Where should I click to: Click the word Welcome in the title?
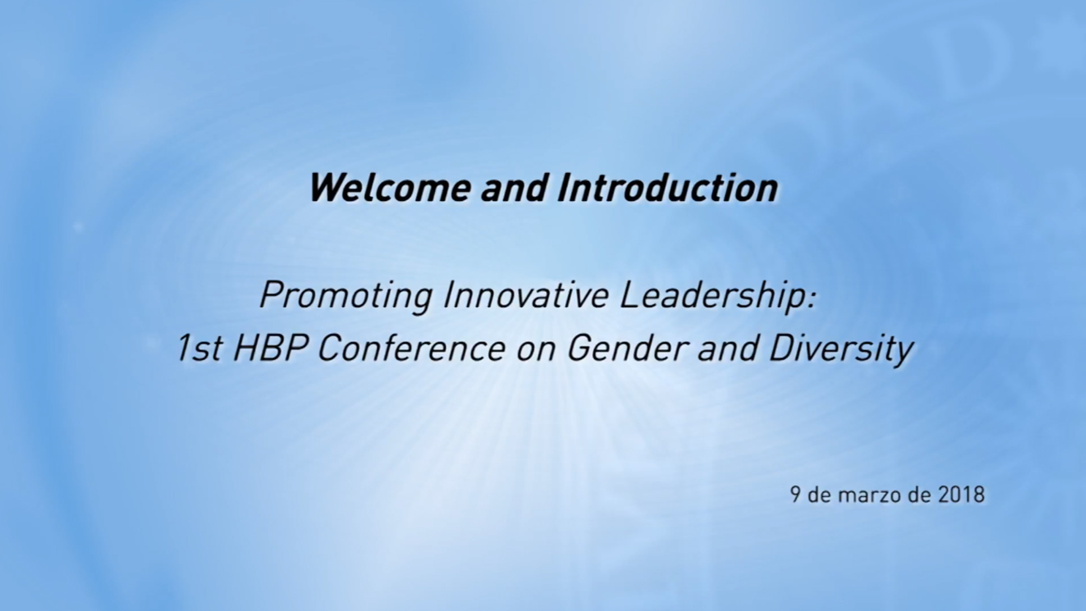390,188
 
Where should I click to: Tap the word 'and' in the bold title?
514,188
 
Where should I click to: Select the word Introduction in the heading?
667,188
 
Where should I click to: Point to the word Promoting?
346,296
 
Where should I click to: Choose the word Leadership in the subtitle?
711,296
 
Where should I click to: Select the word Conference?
411,348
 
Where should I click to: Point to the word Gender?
627,348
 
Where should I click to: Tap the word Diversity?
841,350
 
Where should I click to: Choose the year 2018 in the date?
962,495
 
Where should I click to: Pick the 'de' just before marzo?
819,495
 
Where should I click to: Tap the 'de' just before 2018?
920,495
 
